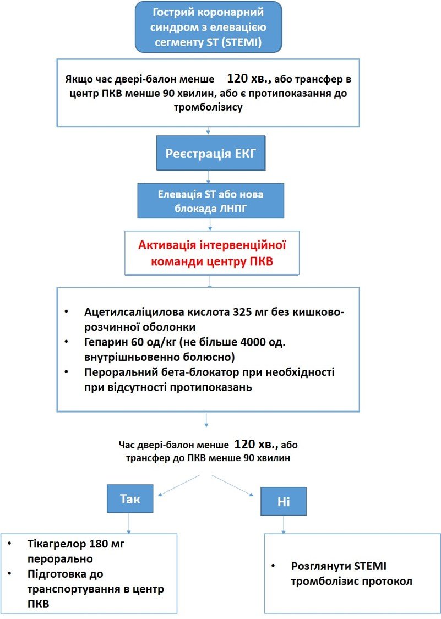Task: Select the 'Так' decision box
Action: [x=130, y=499]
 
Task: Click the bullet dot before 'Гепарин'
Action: [x=67, y=342]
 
